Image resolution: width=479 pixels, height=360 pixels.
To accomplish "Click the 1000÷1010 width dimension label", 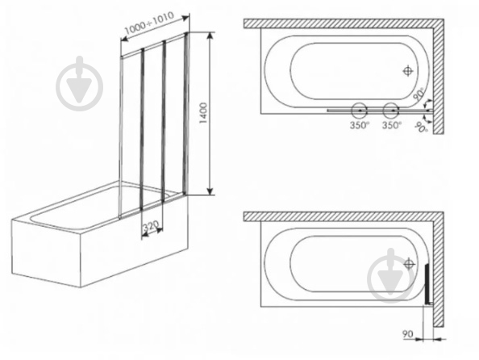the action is pyautogui.click(x=149, y=23).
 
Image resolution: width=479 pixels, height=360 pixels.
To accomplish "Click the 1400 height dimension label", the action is pyautogui.click(x=203, y=113).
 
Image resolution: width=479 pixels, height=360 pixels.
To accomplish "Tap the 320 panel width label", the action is pyautogui.click(x=152, y=226).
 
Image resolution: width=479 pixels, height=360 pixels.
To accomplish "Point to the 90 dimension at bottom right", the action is pyautogui.click(x=407, y=334).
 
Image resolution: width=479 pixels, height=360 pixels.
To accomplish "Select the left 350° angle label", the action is pyautogui.click(x=360, y=125).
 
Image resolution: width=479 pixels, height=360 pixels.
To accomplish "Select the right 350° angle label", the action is pyautogui.click(x=392, y=125).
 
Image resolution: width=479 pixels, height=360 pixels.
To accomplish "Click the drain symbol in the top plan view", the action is pyautogui.click(x=408, y=71).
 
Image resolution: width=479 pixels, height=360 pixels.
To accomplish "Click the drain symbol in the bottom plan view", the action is pyautogui.click(x=409, y=264).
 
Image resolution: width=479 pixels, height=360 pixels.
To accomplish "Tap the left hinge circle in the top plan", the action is pyautogui.click(x=360, y=110).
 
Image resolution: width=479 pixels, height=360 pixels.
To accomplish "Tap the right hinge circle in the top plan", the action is pyautogui.click(x=391, y=110).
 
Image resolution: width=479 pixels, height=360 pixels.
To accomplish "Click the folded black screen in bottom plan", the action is pyautogui.click(x=427, y=284).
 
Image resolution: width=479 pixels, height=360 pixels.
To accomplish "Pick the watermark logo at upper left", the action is pyautogui.click(x=79, y=83).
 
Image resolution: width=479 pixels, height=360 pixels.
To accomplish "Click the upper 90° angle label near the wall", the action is pyautogui.click(x=419, y=94).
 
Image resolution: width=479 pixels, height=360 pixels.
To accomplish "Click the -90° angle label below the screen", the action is pyautogui.click(x=421, y=127).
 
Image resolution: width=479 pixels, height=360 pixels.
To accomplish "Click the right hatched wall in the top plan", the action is pyautogui.click(x=439, y=76).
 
